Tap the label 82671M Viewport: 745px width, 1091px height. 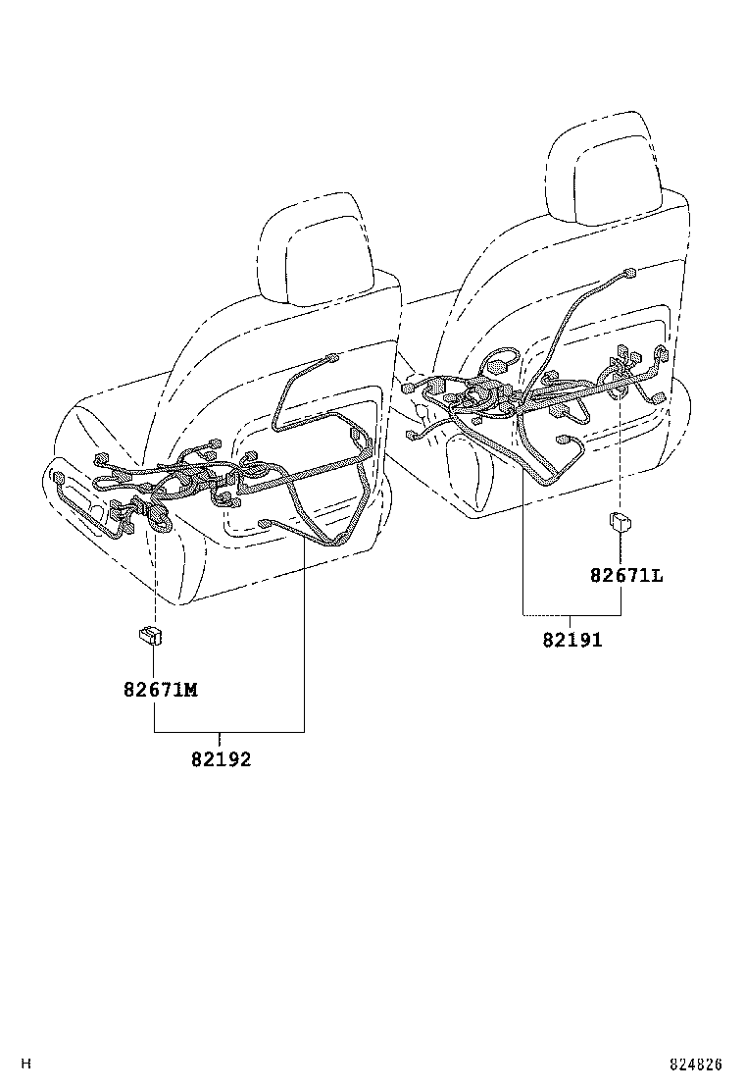161,690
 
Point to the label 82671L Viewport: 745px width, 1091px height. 626,576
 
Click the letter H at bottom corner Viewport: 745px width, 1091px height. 26,1064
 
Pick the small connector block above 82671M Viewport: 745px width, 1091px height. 149,637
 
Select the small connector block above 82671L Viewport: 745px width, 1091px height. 620,520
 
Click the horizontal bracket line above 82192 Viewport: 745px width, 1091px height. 228,732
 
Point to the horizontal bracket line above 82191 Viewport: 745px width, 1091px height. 571,614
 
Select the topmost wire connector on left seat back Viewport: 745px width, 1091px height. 333,357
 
